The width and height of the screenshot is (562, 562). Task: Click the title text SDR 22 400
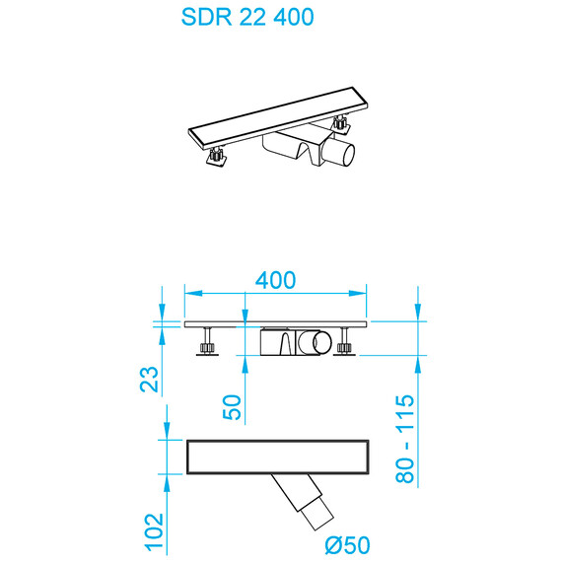click(248, 18)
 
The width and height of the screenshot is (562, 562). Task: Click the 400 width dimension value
click(275, 280)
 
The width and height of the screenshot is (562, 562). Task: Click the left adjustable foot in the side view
click(208, 346)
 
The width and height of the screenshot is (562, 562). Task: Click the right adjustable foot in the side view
click(344, 346)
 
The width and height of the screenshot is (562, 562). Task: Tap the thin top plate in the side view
click(276, 322)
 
